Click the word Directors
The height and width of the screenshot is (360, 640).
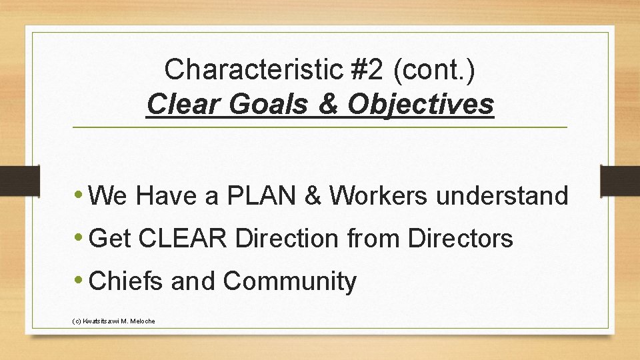pyautogui.click(x=461, y=239)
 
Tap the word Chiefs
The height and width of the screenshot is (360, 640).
pyautogui.click(x=126, y=281)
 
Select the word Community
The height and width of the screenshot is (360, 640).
pyautogui.click(x=290, y=281)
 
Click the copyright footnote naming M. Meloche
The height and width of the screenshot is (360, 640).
pyautogui.click(x=113, y=321)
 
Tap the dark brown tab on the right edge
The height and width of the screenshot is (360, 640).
pyautogui.click(x=620, y=181)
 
